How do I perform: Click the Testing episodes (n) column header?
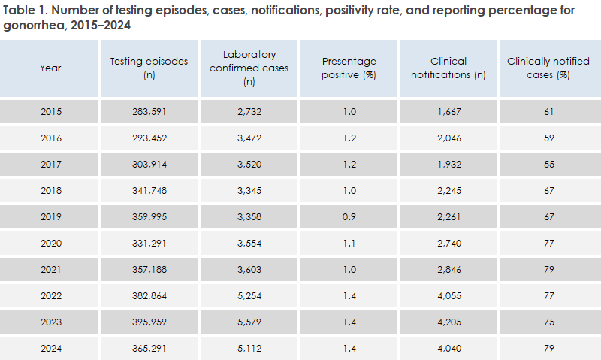pos(149,68)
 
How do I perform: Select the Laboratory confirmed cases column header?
pos(249,68)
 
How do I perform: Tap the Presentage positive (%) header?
pos(349,68)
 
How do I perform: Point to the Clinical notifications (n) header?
pos(448,68)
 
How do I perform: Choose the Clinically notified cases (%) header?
pos(548,68)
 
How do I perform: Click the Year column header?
pos(51,68)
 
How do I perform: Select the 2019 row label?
pos(51,217)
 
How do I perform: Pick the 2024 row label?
pos(51,348)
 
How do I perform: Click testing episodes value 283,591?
pos(149,113)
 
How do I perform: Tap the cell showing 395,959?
pos(149,322)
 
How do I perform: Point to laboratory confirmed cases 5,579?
pos(249,322)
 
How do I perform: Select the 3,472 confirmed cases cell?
pos(249,139)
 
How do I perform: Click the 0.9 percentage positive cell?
pos(349,217)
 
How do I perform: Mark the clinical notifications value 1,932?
pos(448,165)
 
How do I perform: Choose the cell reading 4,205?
pos(448,322)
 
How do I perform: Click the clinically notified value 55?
pos(548,165)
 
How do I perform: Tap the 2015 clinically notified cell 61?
pos(548,113)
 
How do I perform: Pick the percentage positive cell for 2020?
pos(349,244)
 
